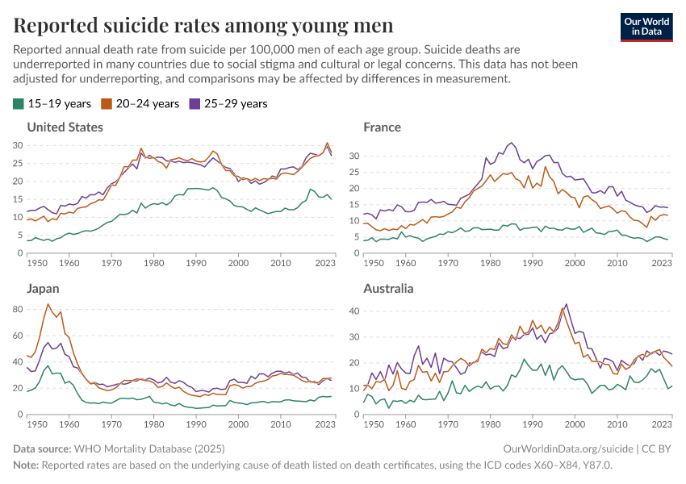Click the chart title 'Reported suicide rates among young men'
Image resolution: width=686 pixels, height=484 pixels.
pyautogui.click(x=203, y=26)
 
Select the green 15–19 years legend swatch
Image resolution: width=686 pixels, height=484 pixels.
pyautogui.click(x=18, y=104)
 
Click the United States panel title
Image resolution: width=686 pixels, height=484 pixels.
pyautogui.click(x=65, y=127)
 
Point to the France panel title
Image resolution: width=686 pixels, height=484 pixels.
pyautogui.click(x=382, y=127)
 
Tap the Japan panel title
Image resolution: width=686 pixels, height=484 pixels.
pyautogui.click(x=43, y=289)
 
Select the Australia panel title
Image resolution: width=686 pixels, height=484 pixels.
pyautogui.click(x=388, y=289)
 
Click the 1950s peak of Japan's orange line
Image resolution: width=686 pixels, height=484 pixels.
pyautogui.click(x=48, y=304)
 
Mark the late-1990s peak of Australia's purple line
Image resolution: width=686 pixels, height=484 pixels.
pyautogui.click(x=567, y=304)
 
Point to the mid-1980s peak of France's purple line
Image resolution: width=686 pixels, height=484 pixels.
pyautogui.click(x=511, y=143)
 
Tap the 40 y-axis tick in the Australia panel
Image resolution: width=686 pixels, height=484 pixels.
pyautogui.click(x=352, y=311)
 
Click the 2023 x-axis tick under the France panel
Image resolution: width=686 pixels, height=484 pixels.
pyautogui.click(x=662, y=263)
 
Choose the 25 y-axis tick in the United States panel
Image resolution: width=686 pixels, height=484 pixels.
pyautogui.click(x=19, y=163)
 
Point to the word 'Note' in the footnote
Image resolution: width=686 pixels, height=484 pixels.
pyautogui.click(x=25, y=465)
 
